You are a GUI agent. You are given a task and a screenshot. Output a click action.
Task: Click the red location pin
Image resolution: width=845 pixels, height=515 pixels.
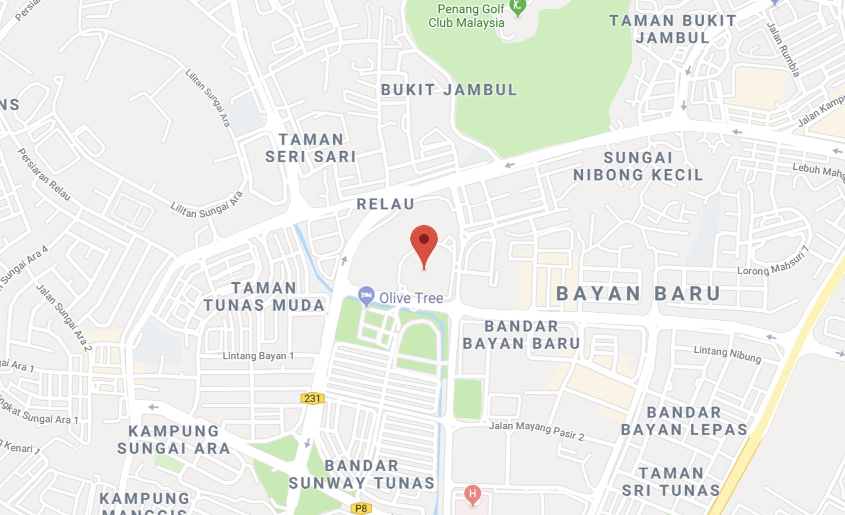(424, 241)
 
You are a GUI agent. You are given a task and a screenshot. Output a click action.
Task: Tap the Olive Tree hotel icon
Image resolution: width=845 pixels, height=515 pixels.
(366, 296)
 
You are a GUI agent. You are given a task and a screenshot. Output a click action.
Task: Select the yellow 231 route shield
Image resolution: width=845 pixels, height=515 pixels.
(312, 398)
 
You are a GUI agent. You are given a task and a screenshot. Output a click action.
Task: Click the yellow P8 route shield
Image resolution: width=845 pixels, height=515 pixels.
(361, 508)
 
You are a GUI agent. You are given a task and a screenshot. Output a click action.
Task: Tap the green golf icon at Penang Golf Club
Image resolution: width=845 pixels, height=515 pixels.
(518, 6)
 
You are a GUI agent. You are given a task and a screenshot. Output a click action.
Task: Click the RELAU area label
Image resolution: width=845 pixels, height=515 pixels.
(385, 204)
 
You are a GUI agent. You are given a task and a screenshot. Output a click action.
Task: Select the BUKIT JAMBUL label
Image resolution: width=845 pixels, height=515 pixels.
(449, 90)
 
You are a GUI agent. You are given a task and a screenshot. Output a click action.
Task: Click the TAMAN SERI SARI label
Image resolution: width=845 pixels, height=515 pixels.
(311, 148)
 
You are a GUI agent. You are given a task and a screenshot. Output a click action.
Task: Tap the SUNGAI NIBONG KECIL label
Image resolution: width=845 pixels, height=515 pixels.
(638, 166)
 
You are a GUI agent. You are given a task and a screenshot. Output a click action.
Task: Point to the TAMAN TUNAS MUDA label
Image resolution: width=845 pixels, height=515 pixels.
(264, 297)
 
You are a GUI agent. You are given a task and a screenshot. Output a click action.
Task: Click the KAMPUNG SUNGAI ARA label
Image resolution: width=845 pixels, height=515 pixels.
(173, 439)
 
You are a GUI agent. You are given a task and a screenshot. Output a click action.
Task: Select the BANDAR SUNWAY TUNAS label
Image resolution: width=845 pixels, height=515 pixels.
(362, 474)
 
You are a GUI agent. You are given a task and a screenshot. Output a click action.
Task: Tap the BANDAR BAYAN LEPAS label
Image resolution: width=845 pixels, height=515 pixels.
(684, 421)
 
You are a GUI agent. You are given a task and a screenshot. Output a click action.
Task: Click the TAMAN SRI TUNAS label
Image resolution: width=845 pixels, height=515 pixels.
(671, 482)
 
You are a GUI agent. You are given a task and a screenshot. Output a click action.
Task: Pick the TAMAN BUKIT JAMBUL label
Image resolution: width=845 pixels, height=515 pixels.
(673, 29)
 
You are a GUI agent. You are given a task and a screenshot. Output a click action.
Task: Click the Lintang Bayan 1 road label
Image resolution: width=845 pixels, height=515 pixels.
(258, 356)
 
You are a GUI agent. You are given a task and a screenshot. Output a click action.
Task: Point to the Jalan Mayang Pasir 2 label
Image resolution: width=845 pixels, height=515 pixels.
(536, 430)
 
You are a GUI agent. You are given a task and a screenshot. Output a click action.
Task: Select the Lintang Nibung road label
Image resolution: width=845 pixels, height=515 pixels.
(727, 353)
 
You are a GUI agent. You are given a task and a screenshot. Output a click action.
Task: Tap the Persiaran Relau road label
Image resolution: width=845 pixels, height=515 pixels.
(44, 174)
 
